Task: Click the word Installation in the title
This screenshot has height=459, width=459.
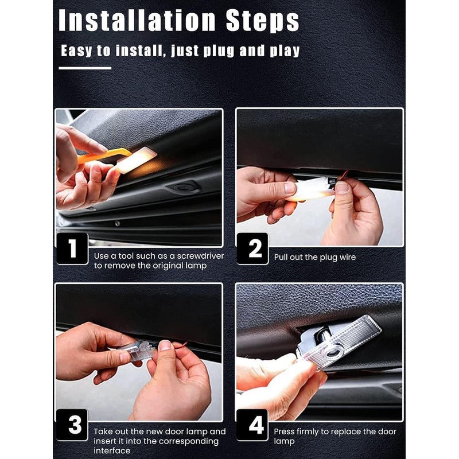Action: coord(137,20)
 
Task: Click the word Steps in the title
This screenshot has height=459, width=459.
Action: coord(263,21)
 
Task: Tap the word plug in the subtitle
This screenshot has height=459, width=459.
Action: coord(219,51)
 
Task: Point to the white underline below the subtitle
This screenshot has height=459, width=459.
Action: coord(85,68)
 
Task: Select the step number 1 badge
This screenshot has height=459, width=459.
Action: coord(72,248)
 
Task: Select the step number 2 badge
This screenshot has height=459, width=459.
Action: coord(252,248)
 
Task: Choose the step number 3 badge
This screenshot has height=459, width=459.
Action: coord(72,425)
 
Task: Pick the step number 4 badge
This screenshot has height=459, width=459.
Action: coord(252,425)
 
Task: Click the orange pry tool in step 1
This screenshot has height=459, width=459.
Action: coord(103,155)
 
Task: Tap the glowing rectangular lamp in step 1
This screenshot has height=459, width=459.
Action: coord(137,160)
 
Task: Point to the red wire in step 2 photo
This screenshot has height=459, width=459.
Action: coord(342,177)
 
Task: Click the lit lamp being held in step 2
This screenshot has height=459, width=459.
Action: coord(311,190)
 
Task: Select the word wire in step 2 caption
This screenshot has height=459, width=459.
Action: coord(348,257)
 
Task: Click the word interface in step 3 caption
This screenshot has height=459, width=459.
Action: coord(112,450)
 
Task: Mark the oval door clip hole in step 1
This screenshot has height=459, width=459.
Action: coord(182,187)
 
